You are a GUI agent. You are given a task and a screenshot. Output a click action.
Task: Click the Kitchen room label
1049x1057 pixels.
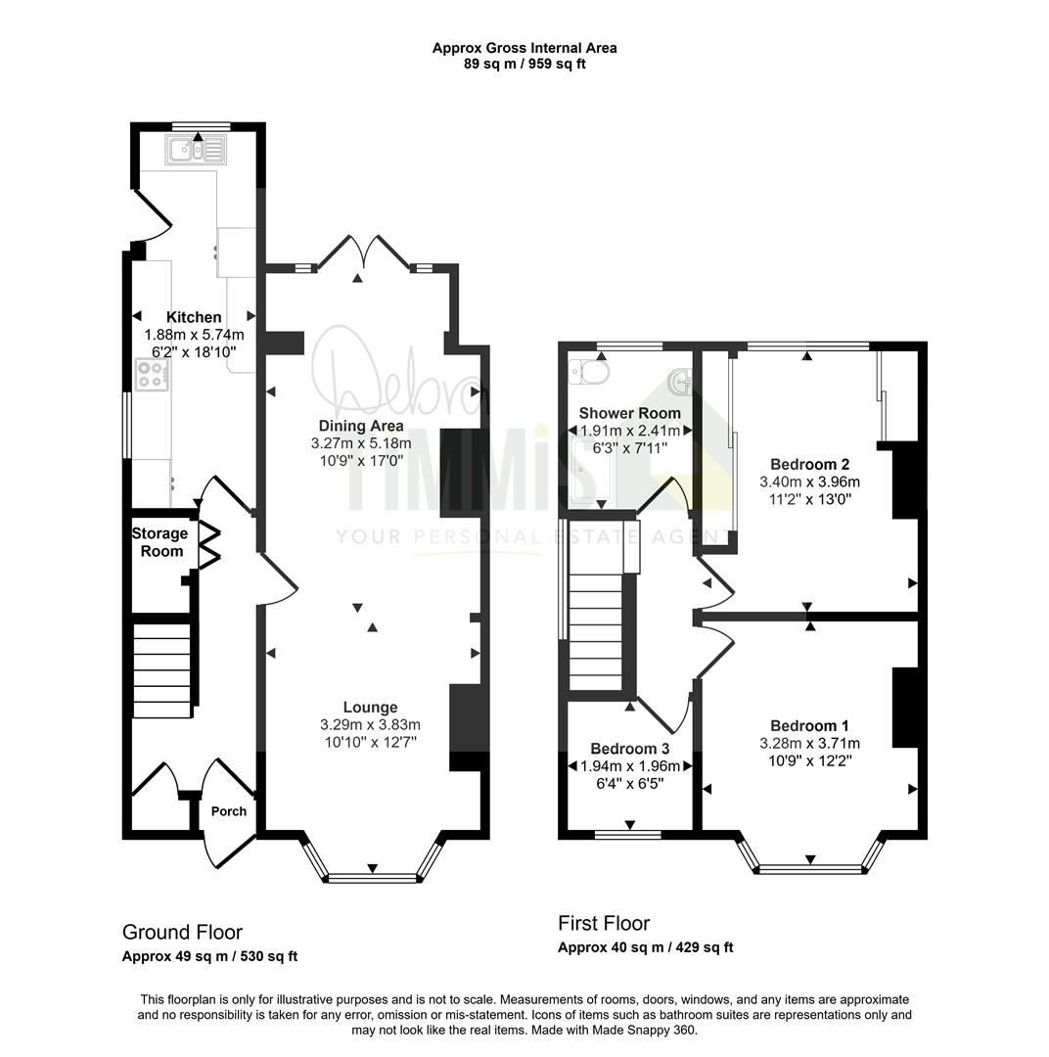point(194,317)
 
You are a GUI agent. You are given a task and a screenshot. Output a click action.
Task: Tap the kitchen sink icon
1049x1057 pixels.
point(196,150)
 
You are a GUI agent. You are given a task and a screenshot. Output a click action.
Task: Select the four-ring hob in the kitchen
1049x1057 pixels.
point(153,375)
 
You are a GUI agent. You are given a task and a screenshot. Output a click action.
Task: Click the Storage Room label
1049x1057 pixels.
point(160,542)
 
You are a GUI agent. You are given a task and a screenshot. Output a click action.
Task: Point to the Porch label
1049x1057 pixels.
point(229,811)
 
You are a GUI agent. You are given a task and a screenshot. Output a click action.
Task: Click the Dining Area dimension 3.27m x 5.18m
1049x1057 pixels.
point(361,443)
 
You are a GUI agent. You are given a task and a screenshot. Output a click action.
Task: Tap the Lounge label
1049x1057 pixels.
point(370,708)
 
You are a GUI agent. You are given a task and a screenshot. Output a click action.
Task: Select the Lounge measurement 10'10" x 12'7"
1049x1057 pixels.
point(370,742)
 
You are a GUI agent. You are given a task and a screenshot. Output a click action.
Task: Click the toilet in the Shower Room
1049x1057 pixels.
point(588,371)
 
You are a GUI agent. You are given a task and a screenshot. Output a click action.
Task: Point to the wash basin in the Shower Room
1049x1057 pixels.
point(679,382)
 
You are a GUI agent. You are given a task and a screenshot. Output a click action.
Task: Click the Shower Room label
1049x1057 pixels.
point(629,413)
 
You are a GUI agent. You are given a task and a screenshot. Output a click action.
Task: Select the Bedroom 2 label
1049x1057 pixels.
point(809,465)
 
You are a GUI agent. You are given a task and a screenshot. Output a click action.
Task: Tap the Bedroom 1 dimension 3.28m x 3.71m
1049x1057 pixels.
point(809,744)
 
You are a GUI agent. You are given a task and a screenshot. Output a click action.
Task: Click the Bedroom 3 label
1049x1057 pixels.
point(629,749)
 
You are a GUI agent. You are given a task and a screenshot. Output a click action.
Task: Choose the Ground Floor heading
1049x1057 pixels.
point(182,933)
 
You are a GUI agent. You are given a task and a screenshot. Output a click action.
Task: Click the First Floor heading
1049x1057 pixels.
point(604,923)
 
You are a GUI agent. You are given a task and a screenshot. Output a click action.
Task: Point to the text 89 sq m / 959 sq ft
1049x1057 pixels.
point(524,65)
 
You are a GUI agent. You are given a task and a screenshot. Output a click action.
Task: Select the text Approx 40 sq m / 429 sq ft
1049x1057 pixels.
point(645,947)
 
